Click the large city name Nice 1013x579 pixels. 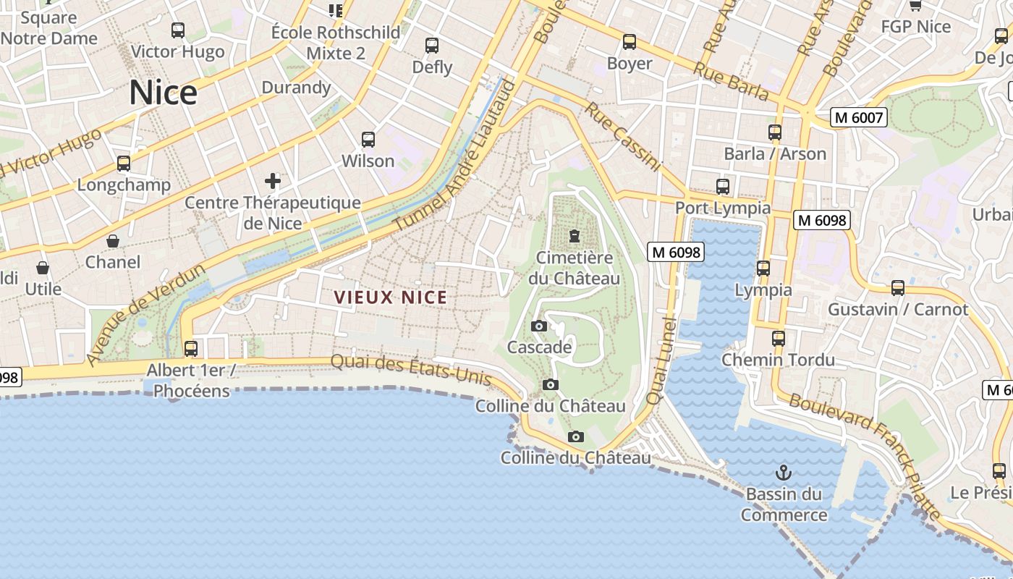point(163,93)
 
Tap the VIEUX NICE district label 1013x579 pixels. point(391,297)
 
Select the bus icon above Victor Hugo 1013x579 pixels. point(178,30)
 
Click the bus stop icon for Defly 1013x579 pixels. point(432,46)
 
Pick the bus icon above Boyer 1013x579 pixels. point(630,42)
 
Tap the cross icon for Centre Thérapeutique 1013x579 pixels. point(273,180)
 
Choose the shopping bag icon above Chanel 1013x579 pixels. point(113,240)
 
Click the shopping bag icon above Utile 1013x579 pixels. point(43,268)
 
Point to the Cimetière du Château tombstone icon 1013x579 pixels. point(575,236)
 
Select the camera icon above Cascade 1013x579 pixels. point(538,326)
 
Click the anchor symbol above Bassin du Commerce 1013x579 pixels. point(784,473)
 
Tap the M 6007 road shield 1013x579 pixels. point(858,117)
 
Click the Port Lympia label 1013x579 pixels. point(723,208)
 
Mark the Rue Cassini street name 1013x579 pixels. point(623,137)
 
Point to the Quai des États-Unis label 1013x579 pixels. point(411,369)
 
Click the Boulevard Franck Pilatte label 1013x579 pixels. point(865,457)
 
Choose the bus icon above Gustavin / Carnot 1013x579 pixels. point(898,288)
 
